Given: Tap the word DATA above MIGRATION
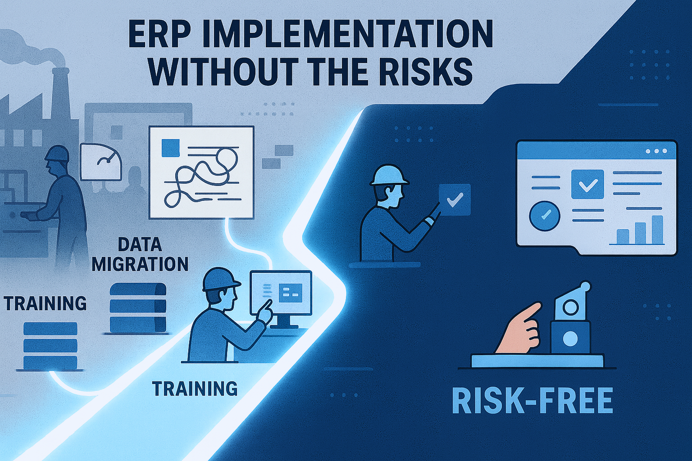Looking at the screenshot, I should pyautogui.click(x=139, y=245).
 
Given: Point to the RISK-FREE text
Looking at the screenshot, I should pyautogui.click(x=532, y=400).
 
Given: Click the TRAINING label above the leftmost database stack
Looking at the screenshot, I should pyautogui.click(x=45, y=303).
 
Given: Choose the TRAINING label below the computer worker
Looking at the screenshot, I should pyautogui.click(x=195, y=389).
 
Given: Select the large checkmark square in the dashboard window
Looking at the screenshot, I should pyautogui.click(x=587, y=184).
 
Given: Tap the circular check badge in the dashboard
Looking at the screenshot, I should pyautogui.click(x=545, y=216).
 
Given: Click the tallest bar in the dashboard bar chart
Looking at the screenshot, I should pyautogui.click(x=657, y=229).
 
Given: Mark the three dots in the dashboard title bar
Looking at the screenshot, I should pyautogui.click(x=657, y=152).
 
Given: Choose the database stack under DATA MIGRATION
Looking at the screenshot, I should pyautogui.click(x=138, y=307).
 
